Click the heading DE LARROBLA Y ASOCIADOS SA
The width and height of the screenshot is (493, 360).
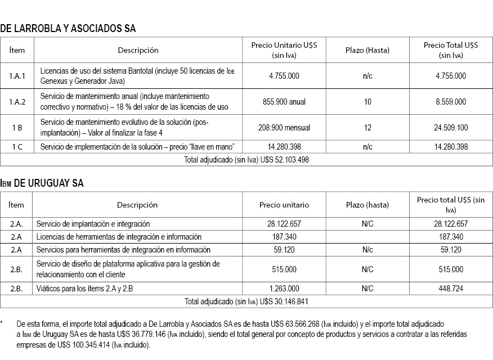(68, 28)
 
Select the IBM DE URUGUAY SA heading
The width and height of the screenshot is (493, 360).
(43, 183)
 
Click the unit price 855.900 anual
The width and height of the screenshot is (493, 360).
(284, 102)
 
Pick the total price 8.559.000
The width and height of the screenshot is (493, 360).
(450, 102)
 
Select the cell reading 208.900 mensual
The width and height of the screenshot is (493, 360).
(284, 128)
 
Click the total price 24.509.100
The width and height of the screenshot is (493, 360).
(450, 128)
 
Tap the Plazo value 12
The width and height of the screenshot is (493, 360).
(367, 128)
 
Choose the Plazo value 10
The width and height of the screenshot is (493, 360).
(367, 102)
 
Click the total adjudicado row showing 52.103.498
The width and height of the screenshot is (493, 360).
(246, 159)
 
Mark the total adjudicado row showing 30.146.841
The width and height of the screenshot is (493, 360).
(246, 301)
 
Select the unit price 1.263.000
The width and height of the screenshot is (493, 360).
(284, 289)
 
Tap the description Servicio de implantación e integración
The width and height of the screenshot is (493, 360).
(93, 224)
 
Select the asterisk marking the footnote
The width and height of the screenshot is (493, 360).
(2, 324)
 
